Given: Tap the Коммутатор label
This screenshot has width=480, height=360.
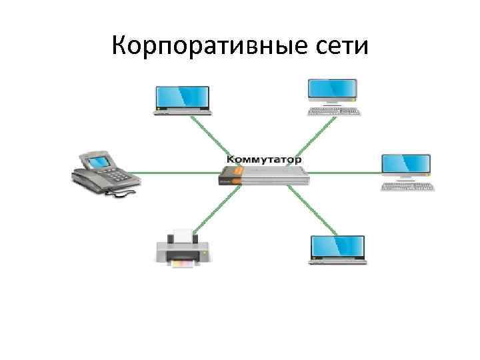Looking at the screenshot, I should pos(264,161).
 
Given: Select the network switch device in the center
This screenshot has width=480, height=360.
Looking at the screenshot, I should pos(265,175).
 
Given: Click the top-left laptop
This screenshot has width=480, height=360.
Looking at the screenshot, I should pos(181,99).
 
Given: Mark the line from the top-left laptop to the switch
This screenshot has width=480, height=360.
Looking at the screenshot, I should pos(217,137).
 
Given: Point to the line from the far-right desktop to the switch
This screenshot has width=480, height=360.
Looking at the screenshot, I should pos(347,172).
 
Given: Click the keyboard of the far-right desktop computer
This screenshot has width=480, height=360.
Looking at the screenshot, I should pos(407,187).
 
